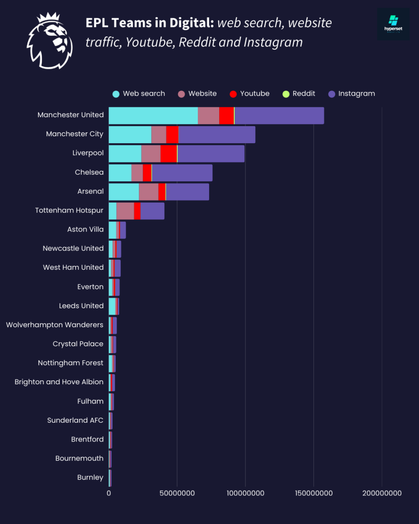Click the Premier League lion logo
(x=49, y=41)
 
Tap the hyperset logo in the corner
(x=393, y=24)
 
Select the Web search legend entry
(x=139, y=93)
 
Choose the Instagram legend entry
(x=351, y=93)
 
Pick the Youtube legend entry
(x=249, y=93)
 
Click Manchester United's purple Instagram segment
(x=279, y=115)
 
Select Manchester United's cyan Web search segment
(x=153, y=115)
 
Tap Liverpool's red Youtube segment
(x=168, y=153)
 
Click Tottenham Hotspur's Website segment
(x=125, y=210)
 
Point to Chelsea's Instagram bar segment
(x=182, y=172)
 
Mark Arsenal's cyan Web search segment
(x=124, y=192)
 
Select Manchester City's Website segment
(x=158, y=134)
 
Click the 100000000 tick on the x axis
(x=245, y=493)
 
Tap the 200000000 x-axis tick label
(x=381, y=493)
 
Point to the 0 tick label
(x=109, y=493)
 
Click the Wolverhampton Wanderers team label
(x=55, y=325)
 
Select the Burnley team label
(x=90, y=477)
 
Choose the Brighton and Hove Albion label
(x=59, y=382)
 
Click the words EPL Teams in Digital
(x=150, y=23)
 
